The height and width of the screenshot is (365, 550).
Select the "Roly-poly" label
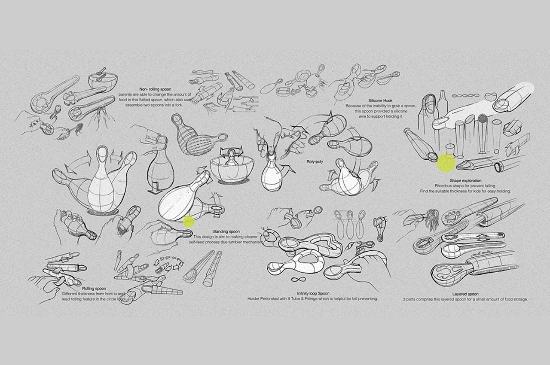pos(315,162)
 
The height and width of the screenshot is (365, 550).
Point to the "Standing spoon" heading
pos(226,231)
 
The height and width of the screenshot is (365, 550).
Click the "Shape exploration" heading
pos(465,181)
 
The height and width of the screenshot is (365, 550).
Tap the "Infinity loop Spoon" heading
pos(313,293)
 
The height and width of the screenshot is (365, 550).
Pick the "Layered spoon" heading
pos(465,294)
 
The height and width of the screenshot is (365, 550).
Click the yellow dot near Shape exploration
pos(446,163)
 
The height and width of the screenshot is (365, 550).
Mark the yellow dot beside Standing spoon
pos(189,222)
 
